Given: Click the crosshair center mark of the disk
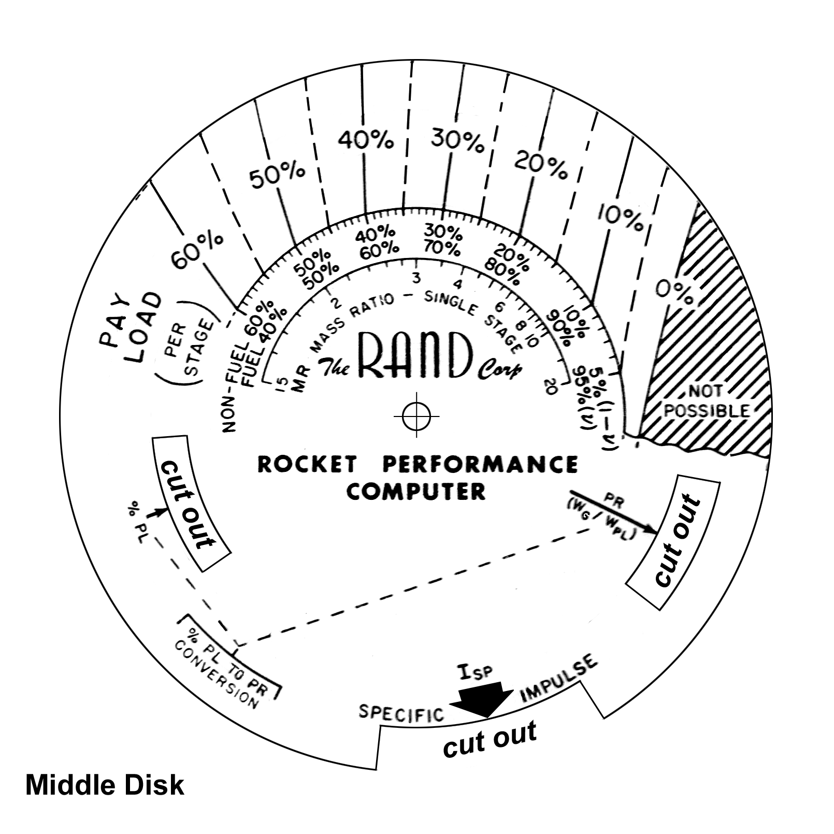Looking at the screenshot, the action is point(416,415).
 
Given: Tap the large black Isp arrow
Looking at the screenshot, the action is point(482,699).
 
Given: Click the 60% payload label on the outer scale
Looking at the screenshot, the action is point(197,252).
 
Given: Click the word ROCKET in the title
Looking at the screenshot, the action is point(308,464).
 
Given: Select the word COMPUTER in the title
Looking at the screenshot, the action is point(416,491).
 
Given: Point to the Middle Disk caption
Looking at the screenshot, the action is point(105,785).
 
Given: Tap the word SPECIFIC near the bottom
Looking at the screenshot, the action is point(402,713).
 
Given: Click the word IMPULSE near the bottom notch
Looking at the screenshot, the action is point(559,678).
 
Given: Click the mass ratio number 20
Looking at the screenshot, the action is point(550,386).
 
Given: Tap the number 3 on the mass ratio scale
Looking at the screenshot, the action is point(415,278).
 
